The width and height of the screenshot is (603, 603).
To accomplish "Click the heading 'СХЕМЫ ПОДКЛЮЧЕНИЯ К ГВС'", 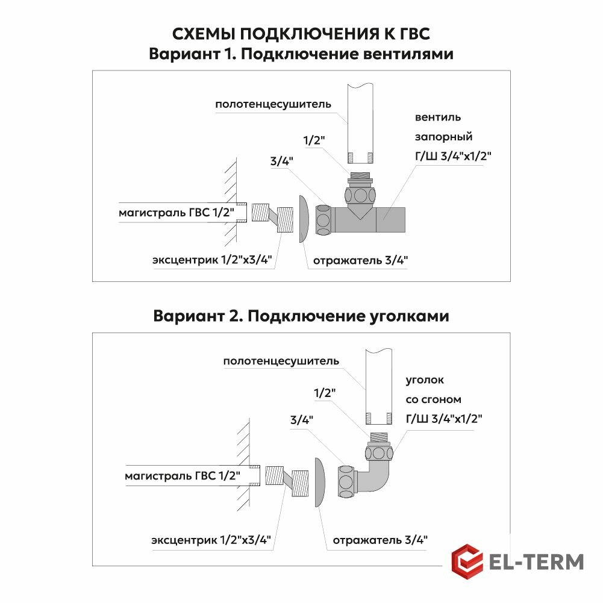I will coord(301,33).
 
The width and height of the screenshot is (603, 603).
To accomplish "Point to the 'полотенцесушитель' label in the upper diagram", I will coord(273,104).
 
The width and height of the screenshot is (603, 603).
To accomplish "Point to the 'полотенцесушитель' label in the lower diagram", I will coord(281,361).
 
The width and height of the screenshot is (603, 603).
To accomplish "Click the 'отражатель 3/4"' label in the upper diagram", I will coord(361,261).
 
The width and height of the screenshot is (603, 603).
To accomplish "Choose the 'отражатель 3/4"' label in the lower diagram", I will coord(380,540).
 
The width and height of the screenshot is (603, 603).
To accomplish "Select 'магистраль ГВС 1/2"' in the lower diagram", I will coord(182,476).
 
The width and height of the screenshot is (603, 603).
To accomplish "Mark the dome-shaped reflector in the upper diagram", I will coord(304,219).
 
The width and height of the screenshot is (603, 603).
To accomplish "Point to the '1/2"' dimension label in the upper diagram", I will coord(313,140).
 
